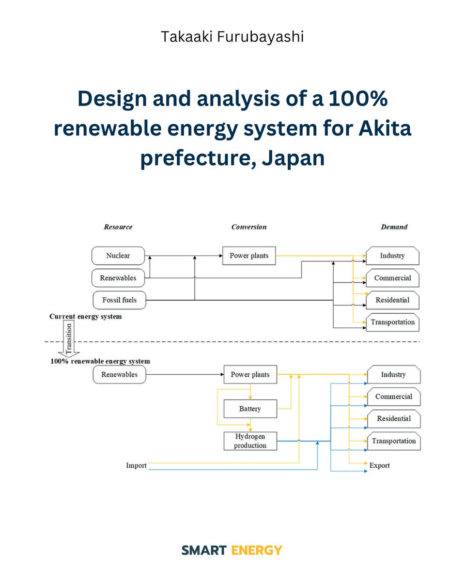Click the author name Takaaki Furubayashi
pyautogui.click(x=232, y=37)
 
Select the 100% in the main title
pyautogui.click(x=357, y=99)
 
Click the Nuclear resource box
pyautogui.click(x=118, y=256)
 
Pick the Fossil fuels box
pyautogui.click(x=119, y=300)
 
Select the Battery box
pyautogui.click(x=250, y=409)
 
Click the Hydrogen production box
pyautogui.click(x=250, y=441)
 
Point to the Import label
pyautogui.click(x=136, y=466)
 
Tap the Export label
pyautogui.click(x=379, y=466)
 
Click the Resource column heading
pyautogui.click(x=118, y=227)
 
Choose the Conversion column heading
pyautogui.click(x=248, y=227)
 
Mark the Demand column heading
pyautogui.click(x=394, y=227)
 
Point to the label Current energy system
pyautogui.click(x=85, y=317)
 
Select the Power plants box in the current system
pyautogui.click(x=249, y=256)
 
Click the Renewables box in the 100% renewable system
pyautogui.click(x=119, y=375)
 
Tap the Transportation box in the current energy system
pyautogui.click(x=392, y=322)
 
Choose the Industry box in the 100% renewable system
pyautogui.click(x=393, y=375)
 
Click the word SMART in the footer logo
pyautogui.click(x=204, y=550)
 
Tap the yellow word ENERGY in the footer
pyautogui.click(x=257, y=550)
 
